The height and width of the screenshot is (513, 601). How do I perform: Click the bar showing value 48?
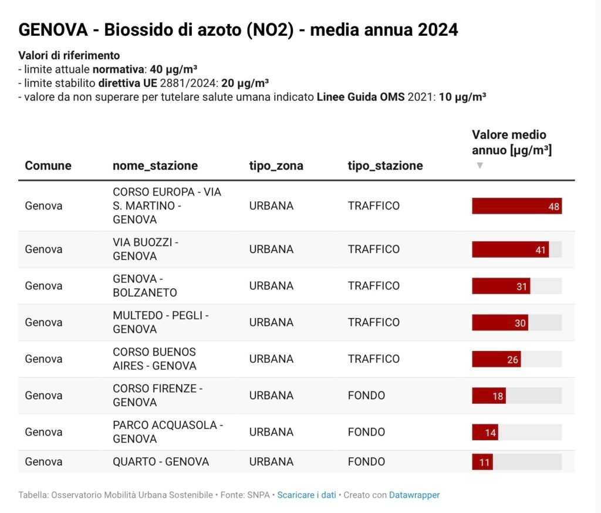(x=516, y=206)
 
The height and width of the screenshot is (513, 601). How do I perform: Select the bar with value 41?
(x=510, y=249)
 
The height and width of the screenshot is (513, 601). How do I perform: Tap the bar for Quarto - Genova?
(x=482, y=462)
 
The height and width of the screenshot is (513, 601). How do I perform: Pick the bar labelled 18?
(x=489, y=396)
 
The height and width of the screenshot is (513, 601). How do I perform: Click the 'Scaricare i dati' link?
(x=306, y=495)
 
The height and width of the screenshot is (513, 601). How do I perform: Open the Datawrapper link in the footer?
(x=414, y=495)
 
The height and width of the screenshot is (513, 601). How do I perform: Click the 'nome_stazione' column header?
(x=155, y=166)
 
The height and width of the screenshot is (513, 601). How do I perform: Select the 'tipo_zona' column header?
(x=276, y=166)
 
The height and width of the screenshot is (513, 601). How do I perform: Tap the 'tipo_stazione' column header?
(x=385, y=166)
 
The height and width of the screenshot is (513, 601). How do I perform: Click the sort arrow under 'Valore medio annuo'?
(x=480, y=166)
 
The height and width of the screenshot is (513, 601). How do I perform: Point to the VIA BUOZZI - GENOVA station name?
(x=146, y=249)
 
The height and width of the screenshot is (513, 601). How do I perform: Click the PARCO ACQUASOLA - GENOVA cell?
(x=168, y=432)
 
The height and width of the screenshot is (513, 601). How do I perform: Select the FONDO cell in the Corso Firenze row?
(x=366, y=396)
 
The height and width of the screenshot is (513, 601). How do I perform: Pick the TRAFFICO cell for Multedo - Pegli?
(x=373, y=322)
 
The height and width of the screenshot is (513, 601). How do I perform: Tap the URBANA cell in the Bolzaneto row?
(x=271, y=286)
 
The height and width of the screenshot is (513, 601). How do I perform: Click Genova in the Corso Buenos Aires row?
(x=43, y=359)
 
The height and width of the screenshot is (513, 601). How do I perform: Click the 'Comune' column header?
(x=48, y=166)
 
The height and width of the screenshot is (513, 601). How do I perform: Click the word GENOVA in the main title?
(x=53, y=30)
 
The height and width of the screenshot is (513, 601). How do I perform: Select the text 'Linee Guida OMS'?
(x=360, y=97)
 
